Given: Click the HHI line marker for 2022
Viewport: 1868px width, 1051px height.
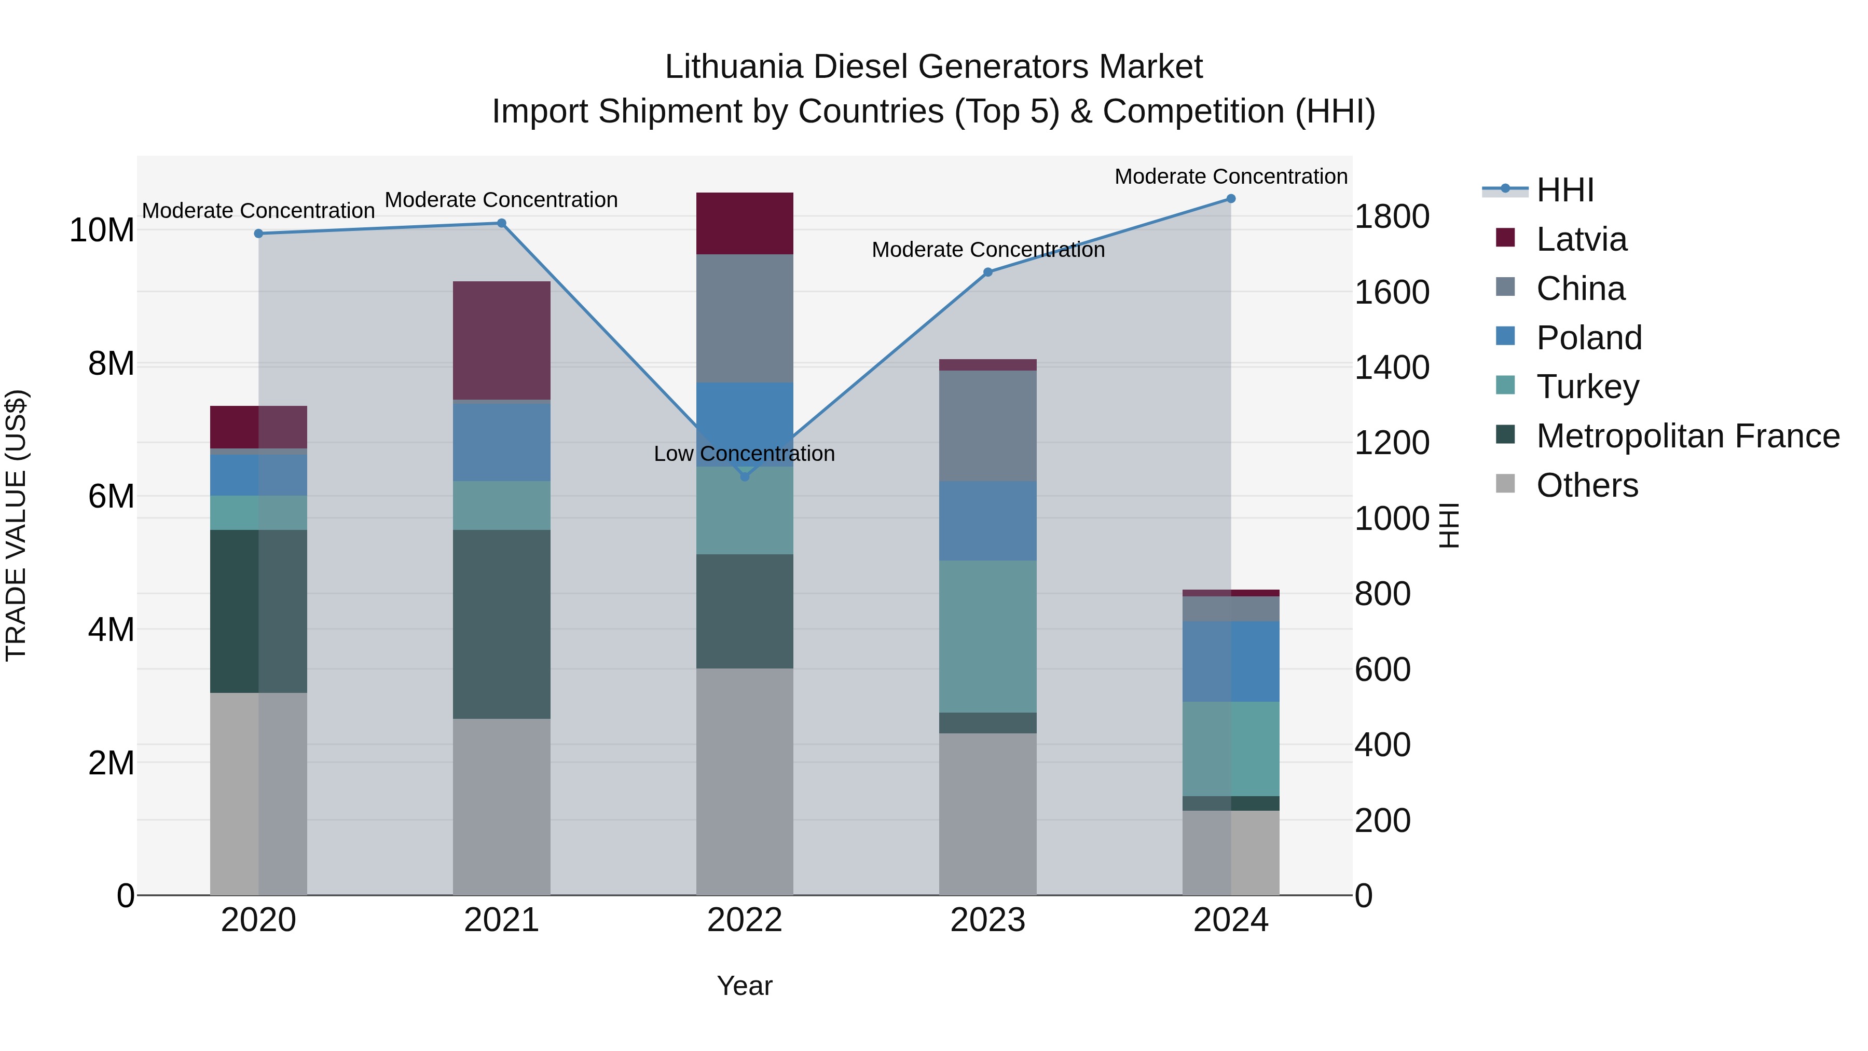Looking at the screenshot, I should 744,476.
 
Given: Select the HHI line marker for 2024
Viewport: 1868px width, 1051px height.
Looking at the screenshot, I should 1231,199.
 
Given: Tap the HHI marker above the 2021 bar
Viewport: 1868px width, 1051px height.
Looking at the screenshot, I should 501,223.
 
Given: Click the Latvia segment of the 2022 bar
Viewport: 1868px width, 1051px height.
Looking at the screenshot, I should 744,223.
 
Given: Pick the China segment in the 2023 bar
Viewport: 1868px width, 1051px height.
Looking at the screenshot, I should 987,426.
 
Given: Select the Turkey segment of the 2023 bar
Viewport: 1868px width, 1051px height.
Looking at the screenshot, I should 987,636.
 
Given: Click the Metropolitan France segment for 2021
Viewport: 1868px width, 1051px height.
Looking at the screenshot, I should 501,624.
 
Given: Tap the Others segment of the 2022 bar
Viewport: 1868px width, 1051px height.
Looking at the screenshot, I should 744,781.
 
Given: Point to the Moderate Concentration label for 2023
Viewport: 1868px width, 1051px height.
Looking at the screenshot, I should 987,250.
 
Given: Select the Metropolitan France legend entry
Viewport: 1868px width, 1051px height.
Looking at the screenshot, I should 1687,436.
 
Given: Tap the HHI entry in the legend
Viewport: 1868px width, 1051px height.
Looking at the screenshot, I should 1565,190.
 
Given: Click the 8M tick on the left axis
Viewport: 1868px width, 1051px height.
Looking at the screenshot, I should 111,363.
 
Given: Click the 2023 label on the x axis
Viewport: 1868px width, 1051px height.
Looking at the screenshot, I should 987,920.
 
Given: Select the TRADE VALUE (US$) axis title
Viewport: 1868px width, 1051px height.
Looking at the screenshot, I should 17,525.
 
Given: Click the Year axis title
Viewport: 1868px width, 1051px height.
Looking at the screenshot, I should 744,986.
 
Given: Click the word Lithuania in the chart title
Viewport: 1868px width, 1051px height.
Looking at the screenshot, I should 733,67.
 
